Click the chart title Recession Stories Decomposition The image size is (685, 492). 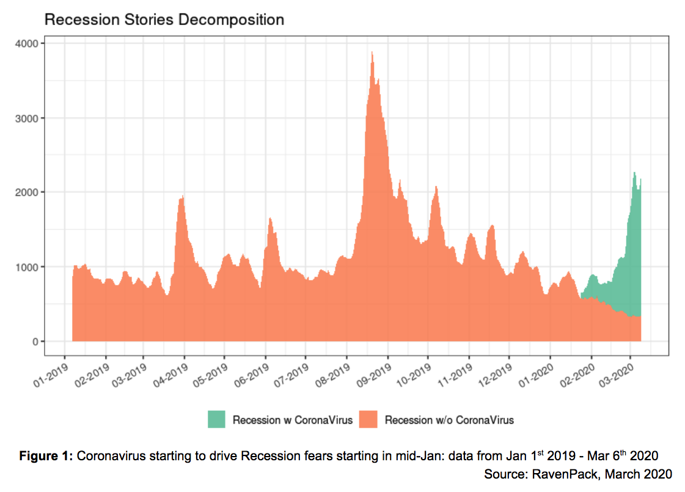(x=164, y=20)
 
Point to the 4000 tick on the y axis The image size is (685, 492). (x=27, y=43)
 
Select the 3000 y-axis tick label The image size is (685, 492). (x=27, y=118)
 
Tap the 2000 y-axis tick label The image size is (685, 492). (x=27, y=192)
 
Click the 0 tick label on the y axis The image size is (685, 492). (x=34, y=341)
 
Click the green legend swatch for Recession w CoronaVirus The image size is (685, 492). (x=216, y=419)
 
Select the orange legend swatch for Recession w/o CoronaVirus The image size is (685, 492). (x=368, y=419)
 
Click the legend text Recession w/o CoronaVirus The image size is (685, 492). (x=449, y=420)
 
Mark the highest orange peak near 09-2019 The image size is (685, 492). (x=372, y=52)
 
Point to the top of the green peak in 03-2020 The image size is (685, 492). (x=634, y=173)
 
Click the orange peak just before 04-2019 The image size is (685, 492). (x=183, y=197)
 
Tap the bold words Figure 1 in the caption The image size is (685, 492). (x=46, y=456)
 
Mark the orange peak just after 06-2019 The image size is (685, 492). (x=270, y=219)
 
